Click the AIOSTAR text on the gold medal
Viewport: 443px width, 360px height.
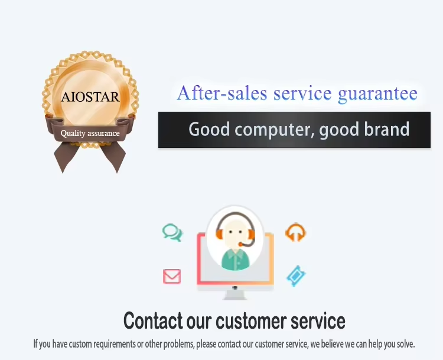(90, 97)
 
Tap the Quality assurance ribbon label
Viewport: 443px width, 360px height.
(90, 133)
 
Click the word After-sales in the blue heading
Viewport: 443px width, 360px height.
(222, 93)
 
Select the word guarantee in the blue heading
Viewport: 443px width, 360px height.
(378, 94)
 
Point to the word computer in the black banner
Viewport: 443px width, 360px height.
(274, 129)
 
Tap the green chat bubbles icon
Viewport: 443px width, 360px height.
(172, 232)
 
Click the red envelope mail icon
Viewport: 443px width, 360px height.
(172, 276)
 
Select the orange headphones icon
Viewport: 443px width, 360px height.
(295, 232)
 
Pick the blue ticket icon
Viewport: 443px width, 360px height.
(296, 275)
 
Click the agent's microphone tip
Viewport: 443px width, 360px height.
(240, 244)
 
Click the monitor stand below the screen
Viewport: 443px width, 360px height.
(234, 295)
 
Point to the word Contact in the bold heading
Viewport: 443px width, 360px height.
(153, 321)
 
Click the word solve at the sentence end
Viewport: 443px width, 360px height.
(405, 344)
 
